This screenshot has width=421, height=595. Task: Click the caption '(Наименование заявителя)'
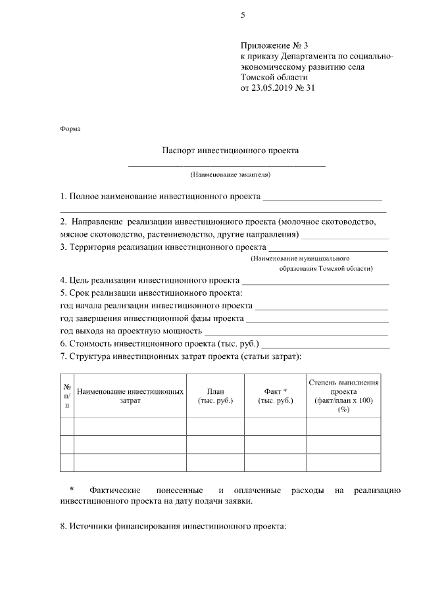(230, 175)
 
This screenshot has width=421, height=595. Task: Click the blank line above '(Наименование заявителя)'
(226, 166)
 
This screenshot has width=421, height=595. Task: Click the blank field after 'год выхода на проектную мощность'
(296, 331)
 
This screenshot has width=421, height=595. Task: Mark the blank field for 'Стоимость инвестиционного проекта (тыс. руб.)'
(326, 345)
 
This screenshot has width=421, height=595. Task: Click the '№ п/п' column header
(67, 396)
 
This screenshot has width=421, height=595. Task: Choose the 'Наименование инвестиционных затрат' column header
(130, 396)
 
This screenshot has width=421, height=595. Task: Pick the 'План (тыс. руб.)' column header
(215, 396)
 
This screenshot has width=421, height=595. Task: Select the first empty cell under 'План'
(215, 427)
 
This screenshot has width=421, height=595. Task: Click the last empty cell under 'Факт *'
(275, 463)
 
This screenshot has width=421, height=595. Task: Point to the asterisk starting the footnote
(72, 490)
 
